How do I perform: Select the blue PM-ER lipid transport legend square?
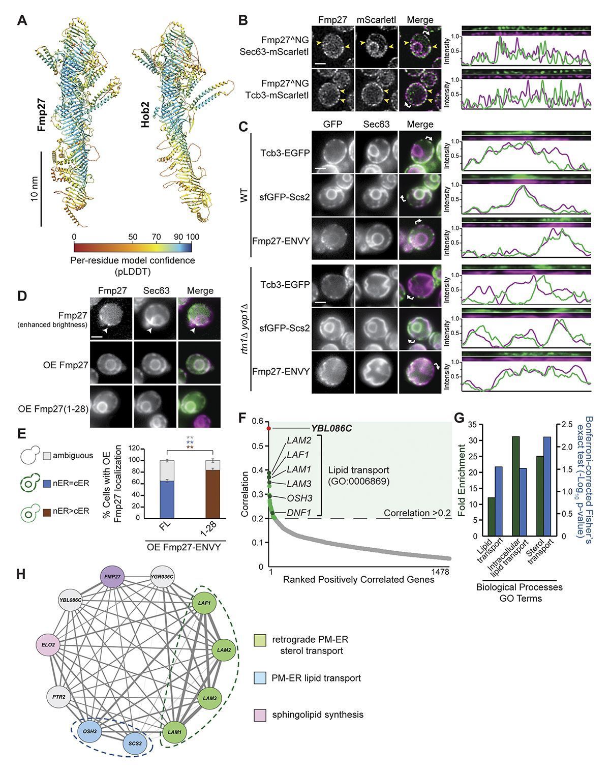pos(259,678)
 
